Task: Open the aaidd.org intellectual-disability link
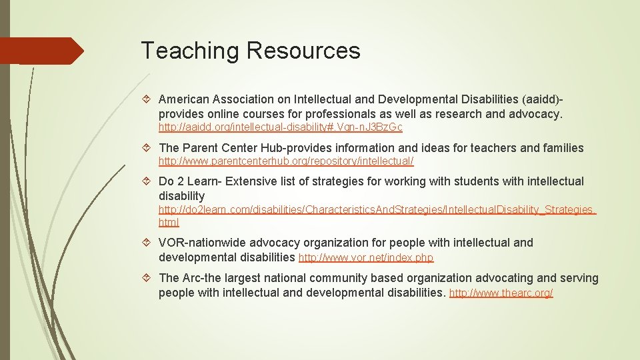tap(280, 127)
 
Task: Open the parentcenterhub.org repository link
tap(286, 161)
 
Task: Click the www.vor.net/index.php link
tap(366, 257)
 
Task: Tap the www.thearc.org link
tap(501, 293)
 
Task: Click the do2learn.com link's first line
tap(377, 210)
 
